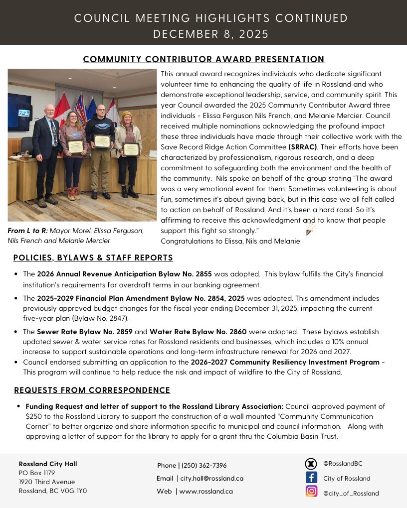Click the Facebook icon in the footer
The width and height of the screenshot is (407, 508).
point(311,478)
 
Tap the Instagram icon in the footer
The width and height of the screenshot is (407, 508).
point(311,492)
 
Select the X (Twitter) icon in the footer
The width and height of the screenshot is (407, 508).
point(311,464)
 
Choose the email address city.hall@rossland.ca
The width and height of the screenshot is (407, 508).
point(212,478)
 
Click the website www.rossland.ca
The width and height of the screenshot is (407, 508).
point(206,491)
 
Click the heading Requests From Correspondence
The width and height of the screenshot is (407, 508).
point(92,390)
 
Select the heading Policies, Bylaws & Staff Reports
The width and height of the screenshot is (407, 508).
point(93,257)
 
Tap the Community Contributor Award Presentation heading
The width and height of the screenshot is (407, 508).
point(203,59)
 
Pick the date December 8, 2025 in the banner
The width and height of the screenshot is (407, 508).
point(203,34)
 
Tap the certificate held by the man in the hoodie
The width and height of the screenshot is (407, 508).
point(102,141)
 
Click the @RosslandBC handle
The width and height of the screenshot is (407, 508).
point(343,464)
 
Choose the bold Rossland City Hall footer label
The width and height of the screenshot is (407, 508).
point(48,464)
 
